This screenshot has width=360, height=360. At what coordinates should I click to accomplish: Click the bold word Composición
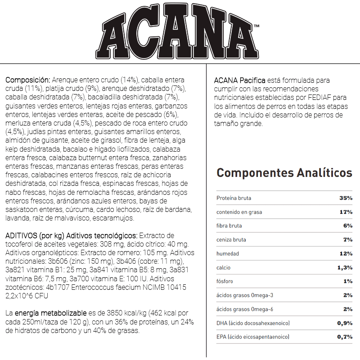(25, 80)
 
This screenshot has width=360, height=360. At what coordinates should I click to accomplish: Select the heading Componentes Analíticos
(284, 173)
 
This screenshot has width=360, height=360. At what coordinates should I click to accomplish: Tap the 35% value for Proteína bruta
(346, 198)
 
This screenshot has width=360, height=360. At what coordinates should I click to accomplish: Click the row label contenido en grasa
(239, 212)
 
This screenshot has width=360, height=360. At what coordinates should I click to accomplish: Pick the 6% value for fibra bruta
(348, 226)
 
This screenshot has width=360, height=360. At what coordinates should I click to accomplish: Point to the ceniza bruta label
(231, 240)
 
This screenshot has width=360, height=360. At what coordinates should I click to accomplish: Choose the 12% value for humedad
(346, 254)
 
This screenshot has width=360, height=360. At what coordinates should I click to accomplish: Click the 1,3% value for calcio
(344, 268)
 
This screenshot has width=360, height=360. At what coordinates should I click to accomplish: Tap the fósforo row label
(225, 282)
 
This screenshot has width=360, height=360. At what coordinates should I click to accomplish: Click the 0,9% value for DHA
(344, 323)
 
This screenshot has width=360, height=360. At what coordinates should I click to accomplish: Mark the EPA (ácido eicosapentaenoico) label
(253, 337)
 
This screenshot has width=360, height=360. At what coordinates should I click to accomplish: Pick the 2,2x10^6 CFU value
(27, 296)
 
